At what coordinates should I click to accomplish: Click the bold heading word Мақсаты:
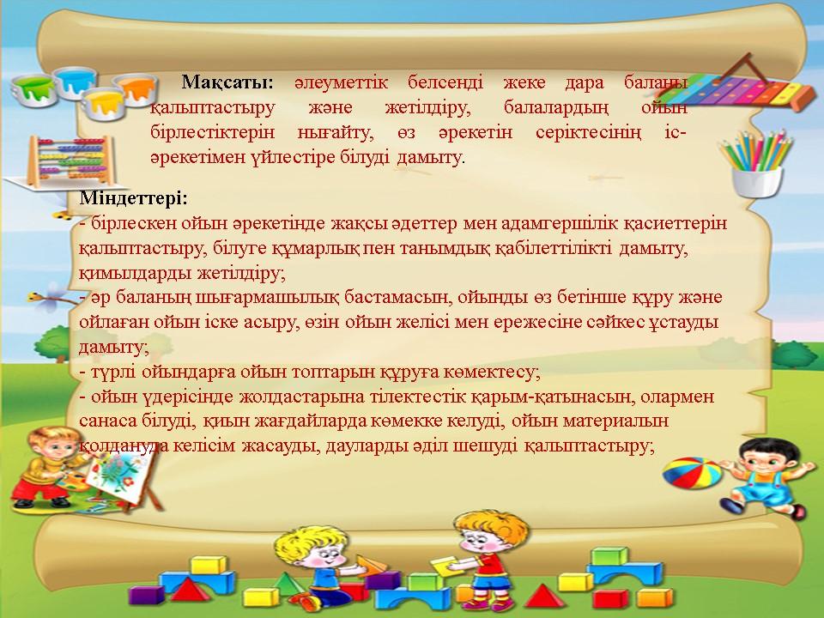[x=227, y=82]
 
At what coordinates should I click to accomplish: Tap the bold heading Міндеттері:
[x=134, y=198]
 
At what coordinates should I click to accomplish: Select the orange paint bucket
[x=135, y=88]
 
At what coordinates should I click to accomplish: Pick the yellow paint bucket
[x=104, y=103]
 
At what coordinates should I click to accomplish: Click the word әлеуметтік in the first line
[x=341, y=82]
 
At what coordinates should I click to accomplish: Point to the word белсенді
[x=445, y=82]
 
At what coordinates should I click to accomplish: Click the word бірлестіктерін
[x=212, y=132]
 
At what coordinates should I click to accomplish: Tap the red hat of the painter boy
[x=49, y=434]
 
